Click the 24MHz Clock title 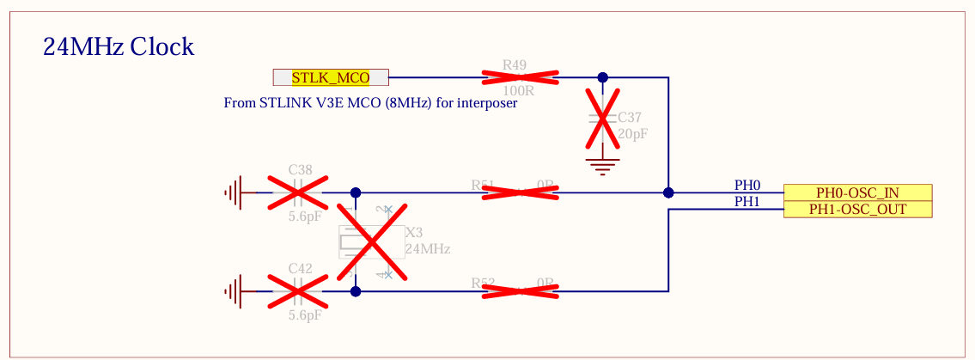pyautogui.click(x=119, y=46)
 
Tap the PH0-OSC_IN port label pyautogui.click(x=857, y=192)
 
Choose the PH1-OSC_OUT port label pyautogui.click(x=857, y=209)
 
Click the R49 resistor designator pyautogui.click(x=515, y=64)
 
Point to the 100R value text pyautogui.click(x=517, y=90)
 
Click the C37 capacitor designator pyautogui.click(x=629, y=117)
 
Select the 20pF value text pyautogui.click(x=632, y=134)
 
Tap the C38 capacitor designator pyautogui.click(x=300, y=169)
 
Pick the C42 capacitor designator pyautogui.click(x=300, y=268)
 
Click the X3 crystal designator pyautogui.click(x=414, y=232)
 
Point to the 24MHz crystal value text pyautogui.click(x=427, y=249)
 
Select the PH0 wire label pyautogui.click(x=746, y=185)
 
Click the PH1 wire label pyautogui.click(x=746, y=201)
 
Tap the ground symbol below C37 pyautogui.click(x=603, y=165)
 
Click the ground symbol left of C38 pyautogui.click(x=233, y=193)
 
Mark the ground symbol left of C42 pyautogui.click(x=233, y=292)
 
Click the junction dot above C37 pyautogui.click(x=603, y=77)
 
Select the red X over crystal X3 pyautogui.click(x=371, y=242)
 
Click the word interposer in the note pyautogui.click(x=487, y=103)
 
